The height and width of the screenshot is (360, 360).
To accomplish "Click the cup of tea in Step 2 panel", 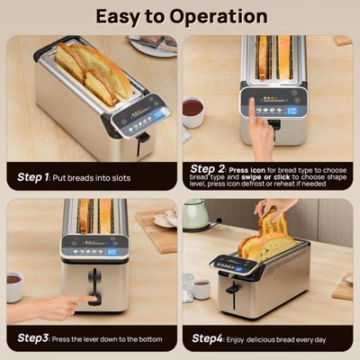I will pyautogui.click(x=193, y=112).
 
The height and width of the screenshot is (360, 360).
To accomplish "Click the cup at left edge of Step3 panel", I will pyautogui.click(x=13, y=284).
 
